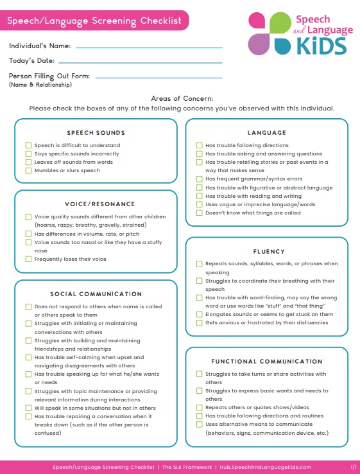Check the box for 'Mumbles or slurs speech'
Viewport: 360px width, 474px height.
pos(28,170)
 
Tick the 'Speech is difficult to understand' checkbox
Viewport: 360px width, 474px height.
pos(28,145)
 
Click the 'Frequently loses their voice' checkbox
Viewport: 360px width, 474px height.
pos(28,259)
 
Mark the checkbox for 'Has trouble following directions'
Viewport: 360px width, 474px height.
pos(199,145)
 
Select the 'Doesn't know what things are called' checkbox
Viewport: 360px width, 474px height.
pos(199,213)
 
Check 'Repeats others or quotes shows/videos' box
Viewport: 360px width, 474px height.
pos(199,407)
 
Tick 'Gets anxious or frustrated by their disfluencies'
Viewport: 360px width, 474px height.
pos(199,322)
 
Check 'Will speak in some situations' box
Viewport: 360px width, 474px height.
pos(28,407)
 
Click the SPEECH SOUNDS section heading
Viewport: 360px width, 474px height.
pos(96,133)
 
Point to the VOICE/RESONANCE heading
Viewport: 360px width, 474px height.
pos(96,204)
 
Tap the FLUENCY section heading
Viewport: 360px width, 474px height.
pos(266,251)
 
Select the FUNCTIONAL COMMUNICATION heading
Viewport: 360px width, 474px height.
pos(266,362)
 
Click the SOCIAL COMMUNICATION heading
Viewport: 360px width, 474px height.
pos(96,294)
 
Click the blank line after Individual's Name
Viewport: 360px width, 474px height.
pos(149,47)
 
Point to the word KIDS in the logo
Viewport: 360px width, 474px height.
pos(321,46)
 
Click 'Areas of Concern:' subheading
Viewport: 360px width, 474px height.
pos(182,98)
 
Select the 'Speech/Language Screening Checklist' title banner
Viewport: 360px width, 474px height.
pos(94,21)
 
